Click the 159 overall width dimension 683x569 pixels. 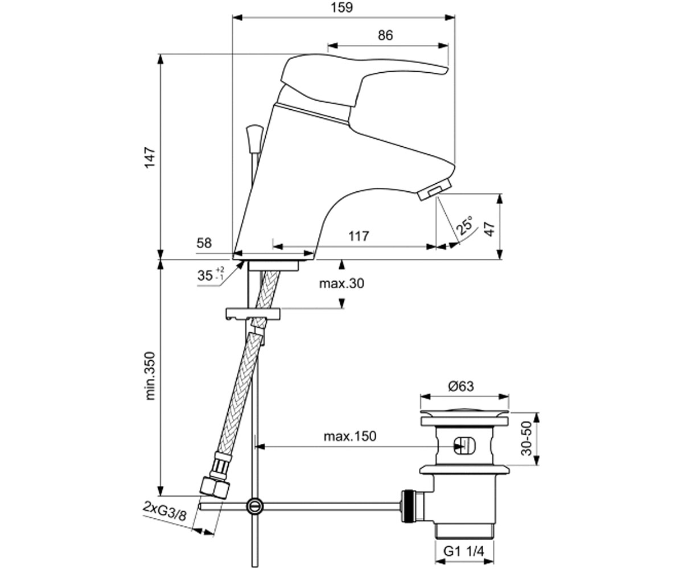pos(342,7)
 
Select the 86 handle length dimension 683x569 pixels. pos(385,35)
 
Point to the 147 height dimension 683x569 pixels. pos(150,158)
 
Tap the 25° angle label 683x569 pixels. pos(465,225)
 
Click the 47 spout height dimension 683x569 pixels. pos(490,229)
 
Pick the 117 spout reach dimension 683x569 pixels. pos(359,236)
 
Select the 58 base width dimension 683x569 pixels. pos(204,243)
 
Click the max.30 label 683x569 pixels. pos(341,283)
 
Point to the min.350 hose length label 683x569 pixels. pos(150,376)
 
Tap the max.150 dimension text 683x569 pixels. pos(350,436)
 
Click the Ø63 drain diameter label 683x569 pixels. pos(461,386)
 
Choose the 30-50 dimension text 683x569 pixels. pos(526,439)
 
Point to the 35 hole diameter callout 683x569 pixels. pos(211,275)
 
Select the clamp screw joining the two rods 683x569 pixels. pos(255,506)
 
